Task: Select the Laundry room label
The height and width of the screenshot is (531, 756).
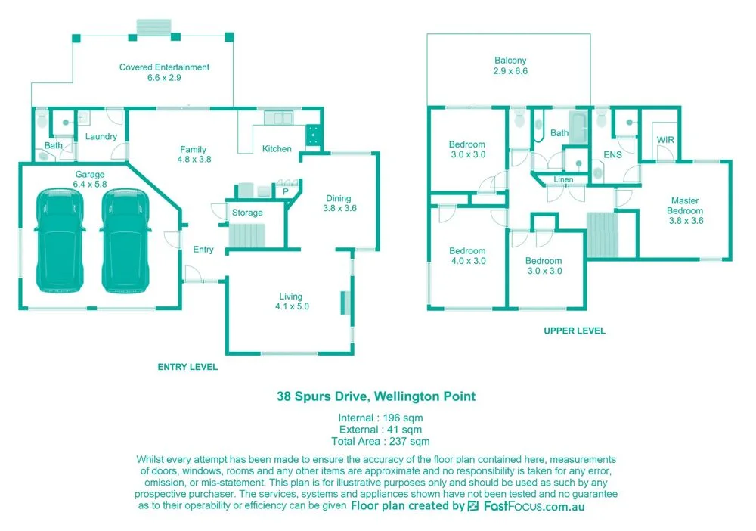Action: tap(101, 137)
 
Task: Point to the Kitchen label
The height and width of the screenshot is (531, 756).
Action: tap(277, 149)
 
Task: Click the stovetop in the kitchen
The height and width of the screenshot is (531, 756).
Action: tap(311, 135)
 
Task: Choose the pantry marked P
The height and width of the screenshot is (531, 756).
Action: tap(286, 193)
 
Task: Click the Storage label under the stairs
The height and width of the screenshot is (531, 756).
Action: tap(247, 213)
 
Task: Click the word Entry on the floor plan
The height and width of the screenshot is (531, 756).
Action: tap(203, 250)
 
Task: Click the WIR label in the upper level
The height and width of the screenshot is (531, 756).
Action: tap(665, 141)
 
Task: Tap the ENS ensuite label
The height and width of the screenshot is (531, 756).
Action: tap(612, 155)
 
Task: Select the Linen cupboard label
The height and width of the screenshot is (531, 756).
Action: tap(563, 179)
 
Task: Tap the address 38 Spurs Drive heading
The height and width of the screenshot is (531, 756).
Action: tap(376, 396)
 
